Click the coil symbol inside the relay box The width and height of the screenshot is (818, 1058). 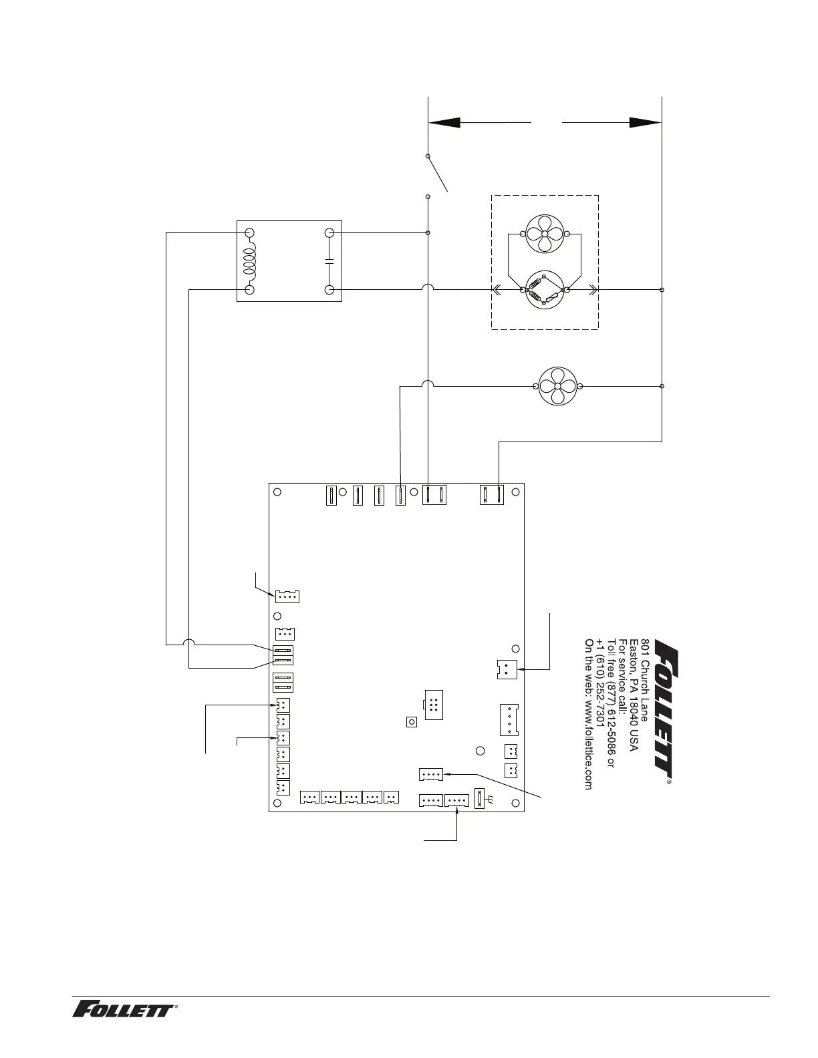[249, 261]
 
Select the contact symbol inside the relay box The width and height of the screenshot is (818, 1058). [329, 261]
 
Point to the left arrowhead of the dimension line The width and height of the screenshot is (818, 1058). [444, 123]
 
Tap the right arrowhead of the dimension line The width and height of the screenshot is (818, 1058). [645, 123]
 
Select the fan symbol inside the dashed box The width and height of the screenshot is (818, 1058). [545, 234]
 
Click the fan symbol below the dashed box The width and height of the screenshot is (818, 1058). [557, 387]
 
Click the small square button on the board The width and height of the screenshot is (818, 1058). [412, 722]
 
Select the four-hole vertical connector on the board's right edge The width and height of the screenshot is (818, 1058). [509, 720]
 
